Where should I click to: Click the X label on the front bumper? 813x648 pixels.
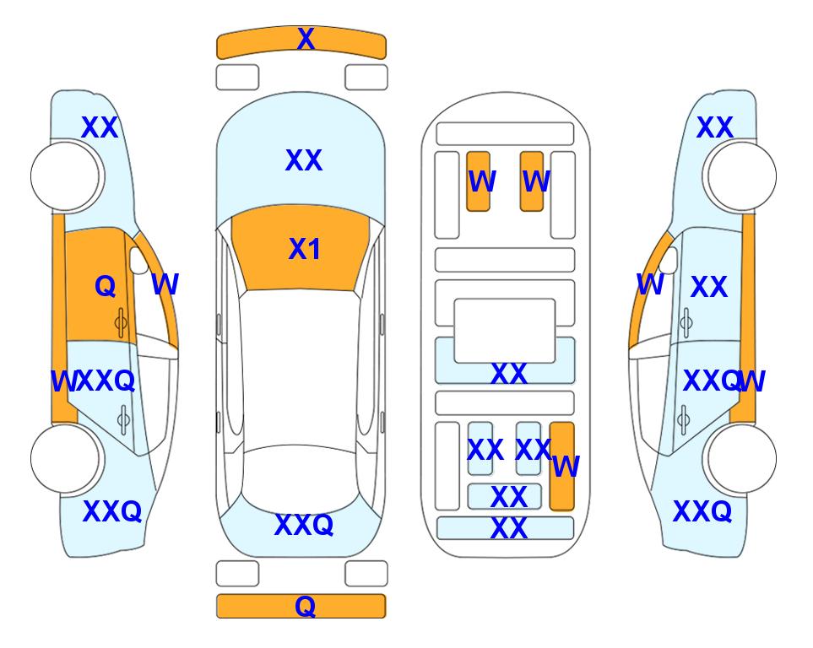[x=306, y=39]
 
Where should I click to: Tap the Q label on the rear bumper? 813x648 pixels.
[x=305, y=606]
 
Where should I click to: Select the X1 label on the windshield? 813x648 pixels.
[x=305, y=249]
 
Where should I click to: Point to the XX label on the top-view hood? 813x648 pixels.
[x=304, y=160]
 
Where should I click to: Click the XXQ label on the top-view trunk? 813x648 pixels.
[x=304, y=525]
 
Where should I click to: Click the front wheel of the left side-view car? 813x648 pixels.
[x=65, y=176]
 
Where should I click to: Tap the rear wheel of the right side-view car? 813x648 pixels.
[x=740, y=459]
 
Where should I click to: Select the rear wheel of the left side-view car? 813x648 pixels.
[x=65, y=459]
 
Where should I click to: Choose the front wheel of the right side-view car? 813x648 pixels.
[x=740, y=176]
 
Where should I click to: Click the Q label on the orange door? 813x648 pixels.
[x=106, y=286]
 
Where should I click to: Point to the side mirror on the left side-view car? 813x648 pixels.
[x=138, y=260]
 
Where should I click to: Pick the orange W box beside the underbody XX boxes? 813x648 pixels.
[x=562, y=466]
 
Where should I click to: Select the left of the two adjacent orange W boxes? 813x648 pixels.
[x=478, y=181]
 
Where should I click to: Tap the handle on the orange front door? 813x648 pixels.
[x=122, y=322]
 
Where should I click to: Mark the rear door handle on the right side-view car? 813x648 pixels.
[x=684, y=419]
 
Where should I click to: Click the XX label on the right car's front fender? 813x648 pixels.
[x=715, y=127]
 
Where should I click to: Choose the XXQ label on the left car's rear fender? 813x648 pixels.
[x=112, y=511]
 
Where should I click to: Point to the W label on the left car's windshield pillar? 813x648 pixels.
[x=165, y=284]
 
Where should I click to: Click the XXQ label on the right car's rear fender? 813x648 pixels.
[x=702, y=511]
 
